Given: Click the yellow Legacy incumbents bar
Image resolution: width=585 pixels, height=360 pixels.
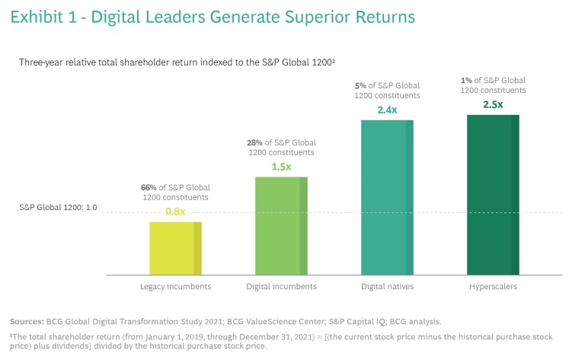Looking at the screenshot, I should (x=175, y=248).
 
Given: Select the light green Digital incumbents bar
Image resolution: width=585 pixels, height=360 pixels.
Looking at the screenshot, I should (x=282, y=225).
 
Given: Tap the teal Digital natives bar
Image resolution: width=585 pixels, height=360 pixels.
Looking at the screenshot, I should (x=387, y=197).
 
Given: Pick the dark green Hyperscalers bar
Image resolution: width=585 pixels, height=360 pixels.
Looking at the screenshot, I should (x=493, y=195).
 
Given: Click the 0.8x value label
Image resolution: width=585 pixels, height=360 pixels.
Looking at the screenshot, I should (x=176, y=211).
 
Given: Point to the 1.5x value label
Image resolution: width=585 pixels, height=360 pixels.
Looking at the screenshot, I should (x=282, y=165).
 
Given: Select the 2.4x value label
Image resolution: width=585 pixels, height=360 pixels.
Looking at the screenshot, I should (x=388, y=109).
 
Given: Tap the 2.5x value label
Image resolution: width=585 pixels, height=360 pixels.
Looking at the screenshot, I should (x=493, y=104).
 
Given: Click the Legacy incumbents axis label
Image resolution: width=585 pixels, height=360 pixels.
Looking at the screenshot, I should (x=175, y=286).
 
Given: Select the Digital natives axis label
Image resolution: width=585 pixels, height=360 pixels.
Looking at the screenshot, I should (x=387, y=286).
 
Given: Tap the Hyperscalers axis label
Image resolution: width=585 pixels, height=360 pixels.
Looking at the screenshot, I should (x=493, y=286).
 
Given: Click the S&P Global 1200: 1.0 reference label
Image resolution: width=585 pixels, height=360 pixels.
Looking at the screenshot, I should (x=58, y=206).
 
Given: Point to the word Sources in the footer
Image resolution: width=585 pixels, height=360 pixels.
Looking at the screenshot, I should (x=27, y=322).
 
